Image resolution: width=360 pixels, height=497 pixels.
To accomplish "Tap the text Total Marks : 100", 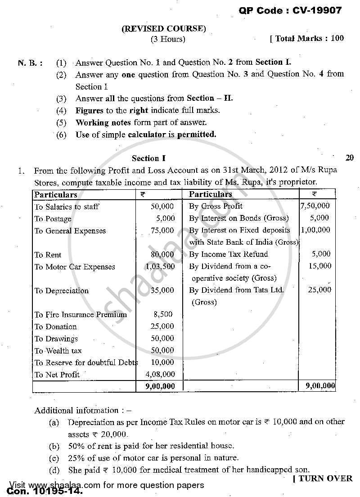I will coord(307,39).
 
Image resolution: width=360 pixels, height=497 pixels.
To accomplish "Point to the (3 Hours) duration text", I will coord(167,39).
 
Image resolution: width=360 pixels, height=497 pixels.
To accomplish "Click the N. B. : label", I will coord(31,63).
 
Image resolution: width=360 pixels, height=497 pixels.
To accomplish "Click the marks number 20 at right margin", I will coord(350,157).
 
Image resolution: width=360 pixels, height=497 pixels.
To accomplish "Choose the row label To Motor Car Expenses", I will coord(75,267).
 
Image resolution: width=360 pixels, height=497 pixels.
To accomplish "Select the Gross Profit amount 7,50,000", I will coord(315,206).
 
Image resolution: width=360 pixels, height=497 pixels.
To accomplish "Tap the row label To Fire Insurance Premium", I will coord(81,314).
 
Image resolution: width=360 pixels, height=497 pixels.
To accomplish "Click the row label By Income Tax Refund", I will coord(228,254).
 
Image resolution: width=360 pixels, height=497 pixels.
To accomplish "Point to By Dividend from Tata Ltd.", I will coord(236,290).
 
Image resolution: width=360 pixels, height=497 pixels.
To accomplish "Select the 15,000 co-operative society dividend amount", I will coord(320,266).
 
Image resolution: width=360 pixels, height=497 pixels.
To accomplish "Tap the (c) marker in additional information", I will coord(54,458).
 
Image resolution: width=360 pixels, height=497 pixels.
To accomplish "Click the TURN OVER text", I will coord(323,479).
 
